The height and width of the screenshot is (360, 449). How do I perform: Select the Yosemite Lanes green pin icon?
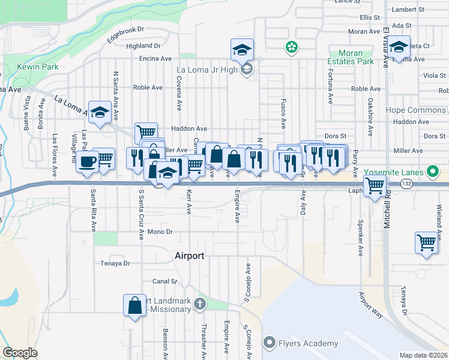click(x=432, y=172)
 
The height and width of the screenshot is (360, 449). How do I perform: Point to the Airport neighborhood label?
click(x=190, y=256)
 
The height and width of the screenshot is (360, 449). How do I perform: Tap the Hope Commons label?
click(x=415, y=110)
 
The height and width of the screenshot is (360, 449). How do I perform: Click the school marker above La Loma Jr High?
click(x=243, y=49)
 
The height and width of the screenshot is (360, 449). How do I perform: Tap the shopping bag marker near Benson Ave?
click(x=135, y=304)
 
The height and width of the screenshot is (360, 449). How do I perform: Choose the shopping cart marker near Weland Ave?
click(x=426, y=243)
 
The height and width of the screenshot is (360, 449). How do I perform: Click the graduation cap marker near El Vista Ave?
click(x=398, y=46)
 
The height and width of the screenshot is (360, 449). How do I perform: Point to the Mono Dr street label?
click(x=160, y=231)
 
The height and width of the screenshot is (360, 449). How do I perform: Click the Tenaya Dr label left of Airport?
click(x=115, y=263)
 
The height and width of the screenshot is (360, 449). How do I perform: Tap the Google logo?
click(x=20, y=352)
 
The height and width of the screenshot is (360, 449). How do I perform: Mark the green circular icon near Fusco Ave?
click(x=292, y=47)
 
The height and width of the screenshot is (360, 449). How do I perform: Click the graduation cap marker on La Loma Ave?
click(x=100, y=112)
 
